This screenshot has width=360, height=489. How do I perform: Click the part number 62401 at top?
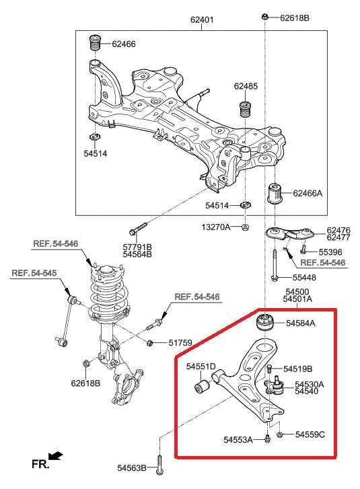201,20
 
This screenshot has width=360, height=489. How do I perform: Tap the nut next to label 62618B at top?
266,16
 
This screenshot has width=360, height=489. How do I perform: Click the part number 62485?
246,86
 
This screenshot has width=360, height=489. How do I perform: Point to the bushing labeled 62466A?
275,193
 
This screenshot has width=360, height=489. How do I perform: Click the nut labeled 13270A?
246,227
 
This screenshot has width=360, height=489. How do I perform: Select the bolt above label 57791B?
136,231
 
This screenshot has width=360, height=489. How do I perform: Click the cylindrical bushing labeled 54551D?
201,386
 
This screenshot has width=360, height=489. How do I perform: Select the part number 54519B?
298,369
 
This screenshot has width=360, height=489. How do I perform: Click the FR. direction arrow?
55,457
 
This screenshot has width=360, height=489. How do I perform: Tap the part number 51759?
180,343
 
